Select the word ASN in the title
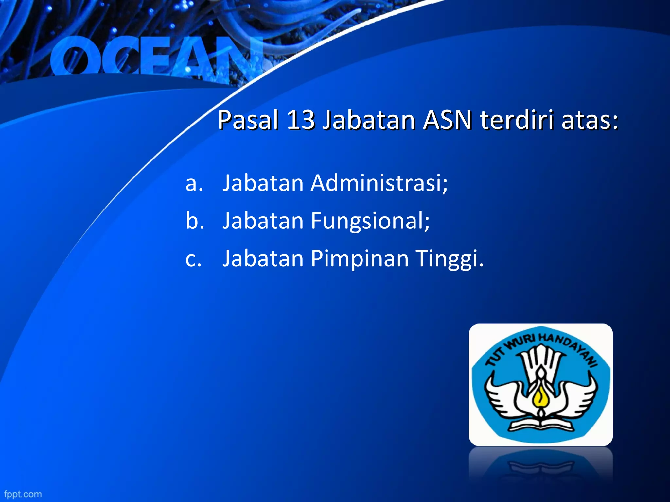(447, 120)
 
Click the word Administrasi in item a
(379, 183)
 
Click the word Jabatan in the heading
(369, 120)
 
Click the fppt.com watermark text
(23, 494)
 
